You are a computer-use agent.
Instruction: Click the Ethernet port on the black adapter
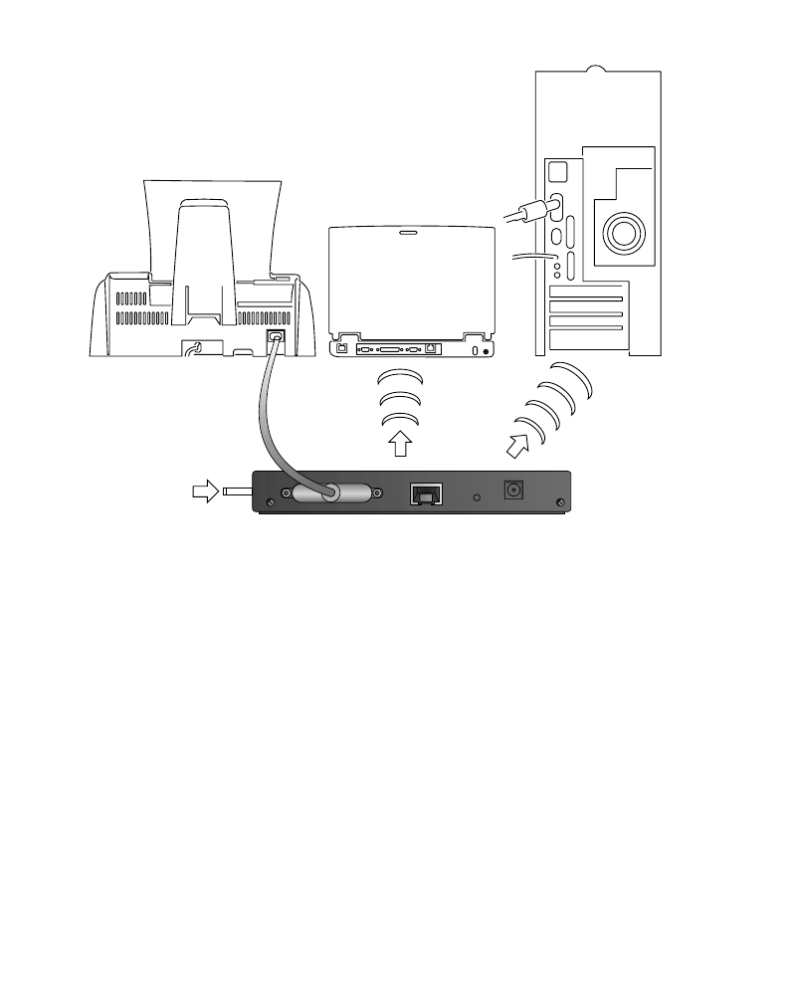[x=426, y=492]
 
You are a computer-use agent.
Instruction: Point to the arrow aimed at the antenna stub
[x=205, y=491]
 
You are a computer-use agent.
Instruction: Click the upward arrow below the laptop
[x=398, y=443]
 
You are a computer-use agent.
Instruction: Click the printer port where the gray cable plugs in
[x=277, y=337]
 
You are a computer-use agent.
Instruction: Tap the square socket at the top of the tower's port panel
[x=557, y=172]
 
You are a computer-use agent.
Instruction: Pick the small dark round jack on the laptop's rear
[x=486, y=350]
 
